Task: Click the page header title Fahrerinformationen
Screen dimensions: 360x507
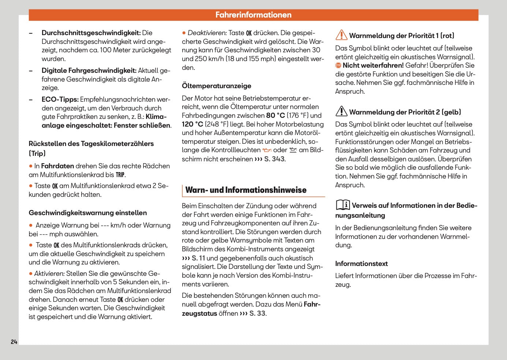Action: click(253, 15)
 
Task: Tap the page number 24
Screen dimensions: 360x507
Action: click(14, 342)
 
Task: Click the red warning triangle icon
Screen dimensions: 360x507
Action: click(341, 35)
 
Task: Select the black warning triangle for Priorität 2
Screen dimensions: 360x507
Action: click(341, 111)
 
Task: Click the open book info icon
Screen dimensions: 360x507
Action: click(343, 205)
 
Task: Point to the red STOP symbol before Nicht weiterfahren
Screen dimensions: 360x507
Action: click(338, 65)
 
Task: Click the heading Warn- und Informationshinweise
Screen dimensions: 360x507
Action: click(246, 190)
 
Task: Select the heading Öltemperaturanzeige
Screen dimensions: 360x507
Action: click(216, 86)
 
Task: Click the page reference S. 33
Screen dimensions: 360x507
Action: click(257, 314)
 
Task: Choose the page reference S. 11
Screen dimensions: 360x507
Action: click(198, 258)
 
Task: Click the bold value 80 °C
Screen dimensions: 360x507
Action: click(275, 116)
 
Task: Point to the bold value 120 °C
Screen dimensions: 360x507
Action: click(193, 124)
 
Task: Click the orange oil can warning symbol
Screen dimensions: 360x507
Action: click(267, 150)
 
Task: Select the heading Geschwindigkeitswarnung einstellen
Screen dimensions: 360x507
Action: click(88, 213)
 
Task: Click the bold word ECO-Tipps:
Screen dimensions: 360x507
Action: click(60, 100)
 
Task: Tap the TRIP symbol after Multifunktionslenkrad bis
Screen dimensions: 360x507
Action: click(120, 175)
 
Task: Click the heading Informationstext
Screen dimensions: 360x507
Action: click(361, 264)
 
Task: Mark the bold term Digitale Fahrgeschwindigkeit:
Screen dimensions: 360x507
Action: click(89, 71)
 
